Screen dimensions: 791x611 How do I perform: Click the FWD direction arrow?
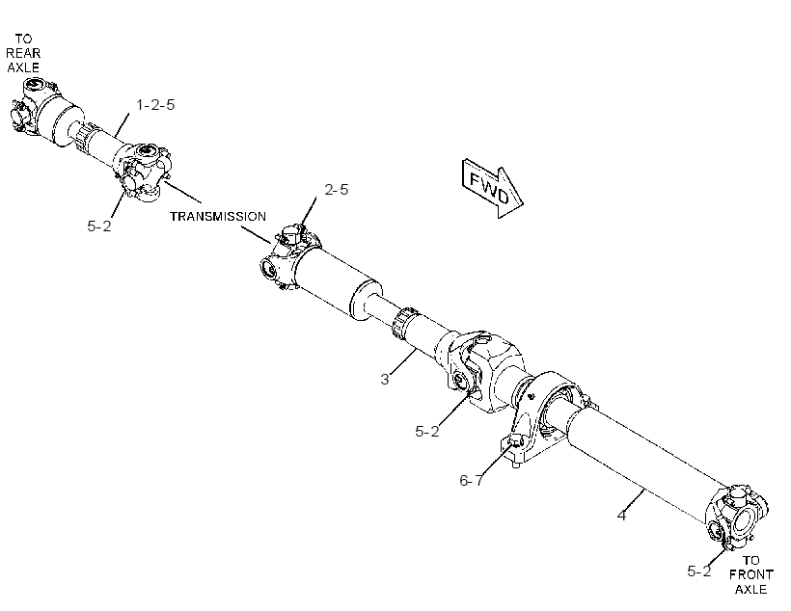[492, 189]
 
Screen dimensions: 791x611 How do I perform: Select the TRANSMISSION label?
[218, 216]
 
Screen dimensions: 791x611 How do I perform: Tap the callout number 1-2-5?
[155, 105]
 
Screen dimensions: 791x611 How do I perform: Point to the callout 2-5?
[336, 190]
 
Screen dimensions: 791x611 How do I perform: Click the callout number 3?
[384, 379]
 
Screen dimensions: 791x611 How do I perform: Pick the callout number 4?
[621, 516]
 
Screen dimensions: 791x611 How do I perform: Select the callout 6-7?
[471, 481]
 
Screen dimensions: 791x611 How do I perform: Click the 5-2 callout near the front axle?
[698, 571]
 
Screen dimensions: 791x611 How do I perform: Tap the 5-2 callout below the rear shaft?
[98, 226]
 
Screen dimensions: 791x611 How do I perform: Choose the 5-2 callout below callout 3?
[426, 432]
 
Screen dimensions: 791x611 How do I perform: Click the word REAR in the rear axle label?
[23, 53]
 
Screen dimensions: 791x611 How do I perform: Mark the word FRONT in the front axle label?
[750, 574]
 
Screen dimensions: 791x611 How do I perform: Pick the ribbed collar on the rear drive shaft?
[86, 136]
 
